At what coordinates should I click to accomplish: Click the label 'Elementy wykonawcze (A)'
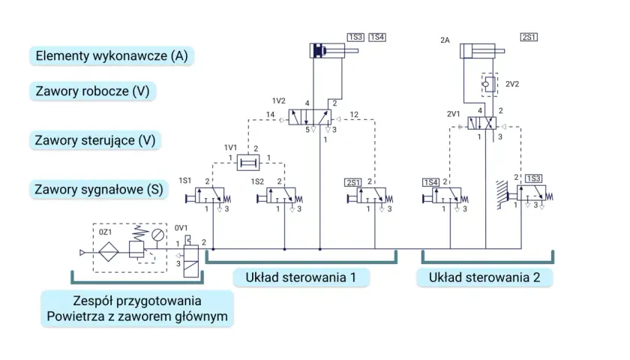[x=112, y=55]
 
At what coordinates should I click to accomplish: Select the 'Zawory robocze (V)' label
[x=92, y=91]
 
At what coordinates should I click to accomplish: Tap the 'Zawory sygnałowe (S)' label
[x=99, y=189]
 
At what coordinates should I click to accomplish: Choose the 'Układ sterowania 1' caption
[x=301, y=277]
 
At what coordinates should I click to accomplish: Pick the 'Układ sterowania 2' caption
[x=484, y=277]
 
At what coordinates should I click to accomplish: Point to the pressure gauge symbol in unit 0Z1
[x=158, y=235]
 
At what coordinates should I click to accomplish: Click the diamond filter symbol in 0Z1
[x=109, y=252]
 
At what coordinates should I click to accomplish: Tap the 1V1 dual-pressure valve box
[x=248, y=163]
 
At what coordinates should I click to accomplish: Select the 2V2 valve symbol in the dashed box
[x=489, y=84]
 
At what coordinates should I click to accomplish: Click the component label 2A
[x=445, y=40]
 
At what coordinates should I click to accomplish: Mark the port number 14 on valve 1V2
[x=271, y=115]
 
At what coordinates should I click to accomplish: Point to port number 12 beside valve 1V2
[x=354, y=115]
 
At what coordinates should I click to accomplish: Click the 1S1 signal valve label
[x=184, y=181]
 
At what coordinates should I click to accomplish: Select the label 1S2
[x=257, y=181]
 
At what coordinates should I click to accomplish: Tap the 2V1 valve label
[x=453, y=114]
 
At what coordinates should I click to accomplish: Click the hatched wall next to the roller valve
[x=502, y=195]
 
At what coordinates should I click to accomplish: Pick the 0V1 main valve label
[x=181, y=228]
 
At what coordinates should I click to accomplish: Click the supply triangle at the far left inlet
[x=82, y=253]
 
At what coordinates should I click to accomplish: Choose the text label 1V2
[x=278, y=100]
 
